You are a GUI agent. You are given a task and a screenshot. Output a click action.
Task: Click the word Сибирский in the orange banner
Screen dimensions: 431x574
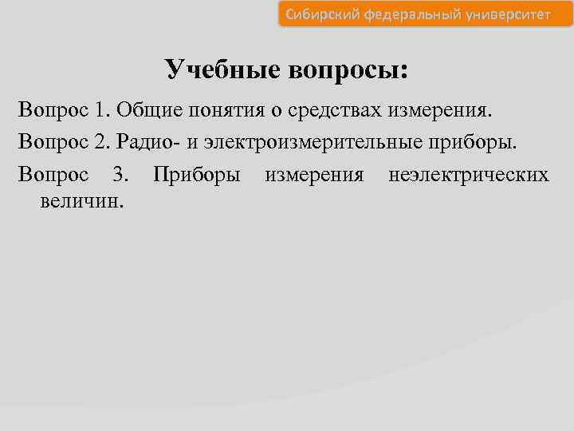[322, 14]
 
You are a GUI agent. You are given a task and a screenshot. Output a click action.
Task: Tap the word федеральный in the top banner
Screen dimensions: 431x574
[409, 14]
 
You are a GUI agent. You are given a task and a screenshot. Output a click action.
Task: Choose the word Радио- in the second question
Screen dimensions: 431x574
[147, 142]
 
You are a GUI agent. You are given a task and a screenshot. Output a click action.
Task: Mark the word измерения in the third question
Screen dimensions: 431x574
[314, 174]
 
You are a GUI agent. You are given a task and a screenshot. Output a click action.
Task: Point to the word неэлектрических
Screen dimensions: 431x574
[469, 174]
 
